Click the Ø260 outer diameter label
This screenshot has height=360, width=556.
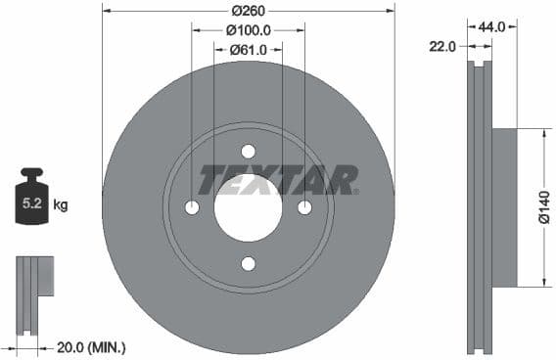248,11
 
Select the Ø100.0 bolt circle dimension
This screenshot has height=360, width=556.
248,30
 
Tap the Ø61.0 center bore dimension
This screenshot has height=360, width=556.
248,49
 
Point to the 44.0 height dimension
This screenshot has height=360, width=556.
490,27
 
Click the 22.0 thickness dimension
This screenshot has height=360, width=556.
443,46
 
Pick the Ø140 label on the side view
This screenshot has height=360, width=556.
543,207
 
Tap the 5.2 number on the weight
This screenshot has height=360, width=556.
31,205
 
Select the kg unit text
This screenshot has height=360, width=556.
61,205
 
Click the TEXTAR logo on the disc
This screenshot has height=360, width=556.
279,180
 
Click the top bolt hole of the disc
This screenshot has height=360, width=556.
248,151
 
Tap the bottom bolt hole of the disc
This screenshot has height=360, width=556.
248,263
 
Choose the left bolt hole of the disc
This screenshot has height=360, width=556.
192,207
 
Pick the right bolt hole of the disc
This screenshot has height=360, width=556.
304,207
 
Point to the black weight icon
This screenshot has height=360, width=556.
31,201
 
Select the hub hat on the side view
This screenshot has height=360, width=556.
502,207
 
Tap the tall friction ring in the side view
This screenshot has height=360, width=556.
478,207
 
